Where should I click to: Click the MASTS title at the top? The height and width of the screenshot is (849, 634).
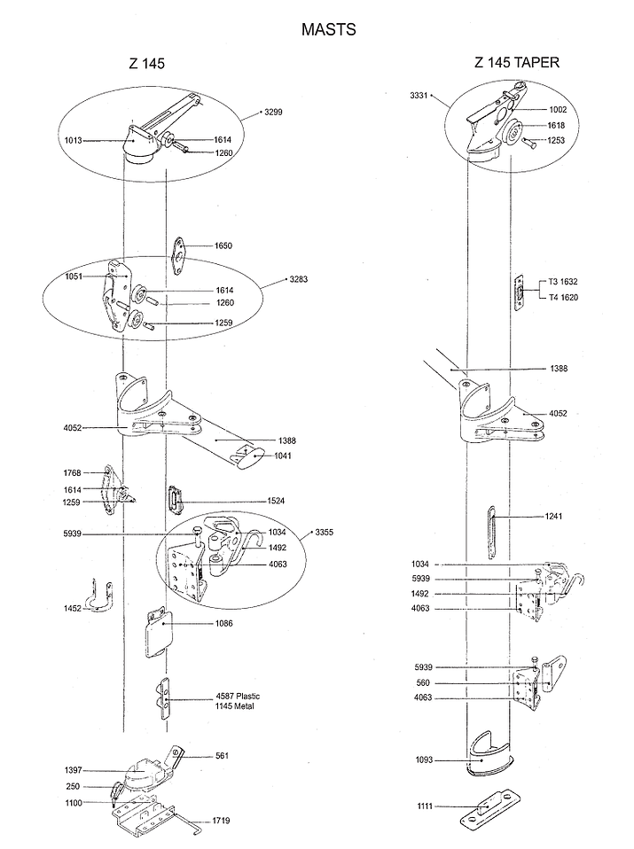[x=328, y=29]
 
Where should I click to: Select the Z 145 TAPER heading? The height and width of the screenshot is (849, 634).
[x=516, y=63]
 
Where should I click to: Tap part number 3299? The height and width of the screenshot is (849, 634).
[x=273, y=112]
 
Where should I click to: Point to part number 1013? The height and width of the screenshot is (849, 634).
[x=73, y=141]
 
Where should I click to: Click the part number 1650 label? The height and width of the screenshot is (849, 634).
[x=223, y=245]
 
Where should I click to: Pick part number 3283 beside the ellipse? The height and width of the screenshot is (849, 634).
[x=299, y=279]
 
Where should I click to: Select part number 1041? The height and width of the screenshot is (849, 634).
[x=282, y=456]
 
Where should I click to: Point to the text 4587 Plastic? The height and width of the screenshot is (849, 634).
[x=238, y=697]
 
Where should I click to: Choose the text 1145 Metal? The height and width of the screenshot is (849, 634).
[x=235, y=706]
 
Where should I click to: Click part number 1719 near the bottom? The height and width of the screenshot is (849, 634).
[x=221, y=821]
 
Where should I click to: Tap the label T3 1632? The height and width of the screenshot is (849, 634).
[x=563, y=282]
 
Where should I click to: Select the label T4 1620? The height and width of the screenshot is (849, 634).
[x=563, y=297]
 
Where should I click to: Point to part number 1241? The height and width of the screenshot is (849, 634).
[x=553, y=517]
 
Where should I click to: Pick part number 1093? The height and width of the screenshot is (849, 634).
[x=424, y=760]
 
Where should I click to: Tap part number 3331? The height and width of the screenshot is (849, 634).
[x=419, y=96]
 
